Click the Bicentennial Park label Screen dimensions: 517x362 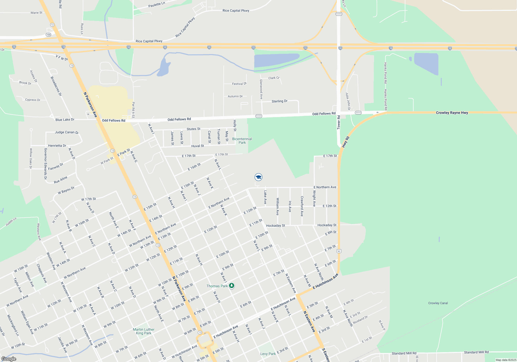pyautogui.click(x=242, y=141)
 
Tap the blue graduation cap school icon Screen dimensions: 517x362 pyautogui.click(x=258, y=177)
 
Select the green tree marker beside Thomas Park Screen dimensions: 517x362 pyautogui.click(x=232, y=286)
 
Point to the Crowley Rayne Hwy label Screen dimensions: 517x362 pyautogui.click(x=452, y=113)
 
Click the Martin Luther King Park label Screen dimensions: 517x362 pyautogui.click(x=143, y=331)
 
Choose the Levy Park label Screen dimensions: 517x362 pyautogui.click(x=268, y=354)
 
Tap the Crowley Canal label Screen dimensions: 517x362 pyautogui.click(x=438, y=303)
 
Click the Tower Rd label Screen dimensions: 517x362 pyautogui.click(x=339, y=122)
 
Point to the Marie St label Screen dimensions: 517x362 pyautogui.click(x=36, y=13)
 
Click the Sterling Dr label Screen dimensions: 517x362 pyautogui.click(x=279, y=101)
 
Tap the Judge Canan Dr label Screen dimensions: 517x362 pyautogui.click(x=66, y=132)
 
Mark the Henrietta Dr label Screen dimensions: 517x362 pyautogui.click(x=57, y=146)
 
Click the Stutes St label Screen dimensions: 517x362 pyautogui.click(x=193, y=129)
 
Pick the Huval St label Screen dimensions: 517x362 pyautogui.click(x=197, y=146)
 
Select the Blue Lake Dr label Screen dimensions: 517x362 pyautogui.click(x=65, y=119)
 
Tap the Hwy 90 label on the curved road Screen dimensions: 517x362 pyautogui.click(x=346, y=142)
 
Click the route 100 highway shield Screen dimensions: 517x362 pyautogui.click(x=48, y=35)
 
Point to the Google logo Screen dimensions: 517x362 pyautogui.click(x=9, y=359)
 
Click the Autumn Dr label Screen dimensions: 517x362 pyautogui.click(x=235, y=96)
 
